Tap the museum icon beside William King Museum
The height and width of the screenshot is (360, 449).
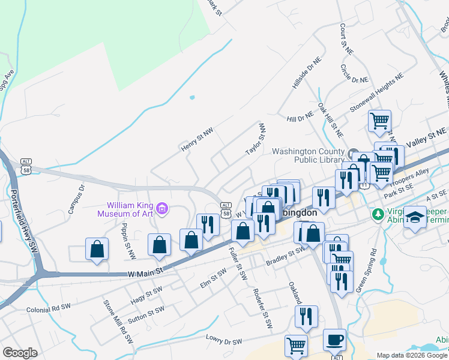click(162, 209)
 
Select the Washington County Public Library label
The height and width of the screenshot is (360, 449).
click(309, 155)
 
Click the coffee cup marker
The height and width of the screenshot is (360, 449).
click(334, 340)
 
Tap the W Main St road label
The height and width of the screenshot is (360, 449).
click(145, 272)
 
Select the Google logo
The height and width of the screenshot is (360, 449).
click(20, 353)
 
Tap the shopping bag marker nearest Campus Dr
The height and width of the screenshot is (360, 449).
click(97, 249)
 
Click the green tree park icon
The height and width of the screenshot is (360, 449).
click(378, 214)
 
